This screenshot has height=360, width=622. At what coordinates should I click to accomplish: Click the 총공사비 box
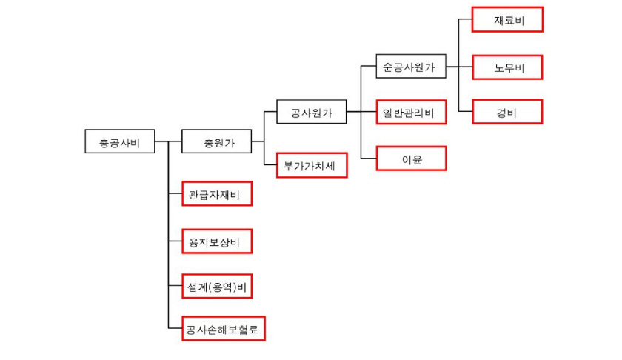click(120, 141)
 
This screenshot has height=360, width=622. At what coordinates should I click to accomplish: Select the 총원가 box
click(217, 141)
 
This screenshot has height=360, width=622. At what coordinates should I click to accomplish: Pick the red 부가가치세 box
click(311, 164)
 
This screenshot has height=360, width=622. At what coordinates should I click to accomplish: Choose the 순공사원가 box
click(411, 67)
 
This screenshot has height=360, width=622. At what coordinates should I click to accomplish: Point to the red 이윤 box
click(411, 159)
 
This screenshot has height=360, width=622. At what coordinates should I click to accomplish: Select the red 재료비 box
click(507, 20)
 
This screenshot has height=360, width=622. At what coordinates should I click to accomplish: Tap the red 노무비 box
click(507, 67)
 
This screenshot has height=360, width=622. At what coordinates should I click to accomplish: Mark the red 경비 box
click(507, 112)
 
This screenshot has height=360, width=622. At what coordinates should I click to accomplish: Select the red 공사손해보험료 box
click(223, 328)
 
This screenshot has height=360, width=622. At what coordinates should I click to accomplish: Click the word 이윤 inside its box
click(411, 159)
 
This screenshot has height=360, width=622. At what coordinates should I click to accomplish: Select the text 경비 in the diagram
click(507, 112)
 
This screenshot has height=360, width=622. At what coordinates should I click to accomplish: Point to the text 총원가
click(217, 141)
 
